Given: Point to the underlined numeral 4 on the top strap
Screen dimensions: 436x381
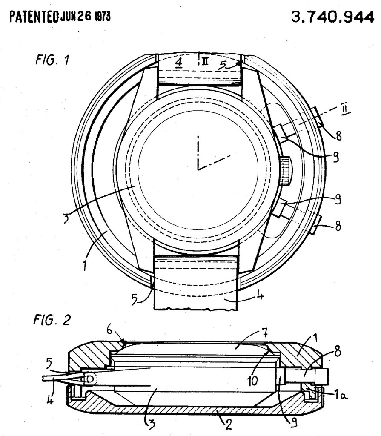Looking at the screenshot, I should tap(179, 63).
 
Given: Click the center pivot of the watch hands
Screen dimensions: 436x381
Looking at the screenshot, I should tap(198, 169).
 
